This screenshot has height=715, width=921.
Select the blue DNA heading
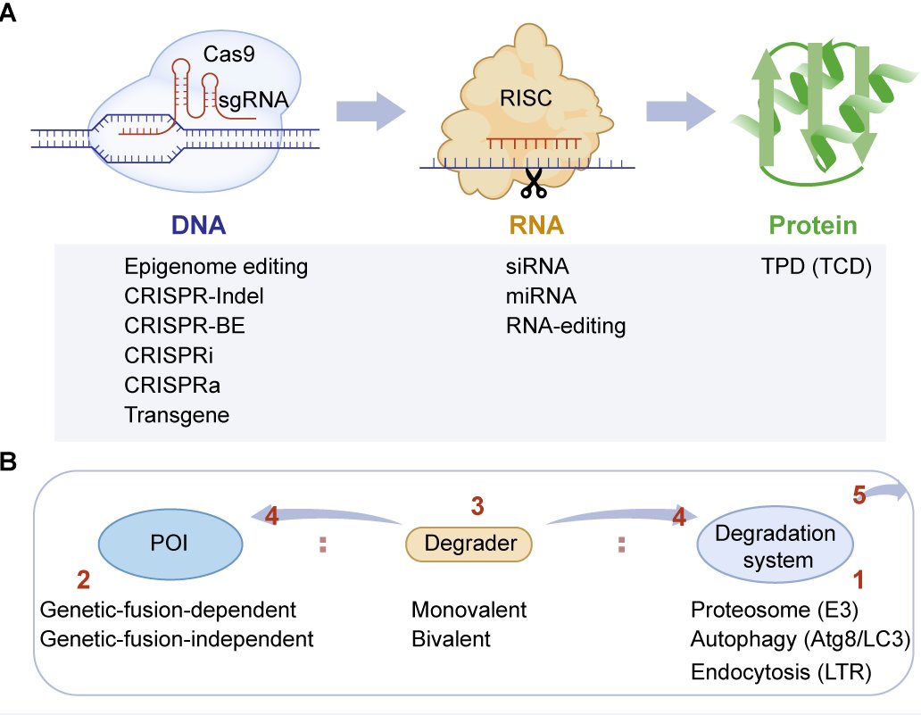click(x=199, y=226)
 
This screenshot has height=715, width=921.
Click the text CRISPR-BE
click(x=185, y=326)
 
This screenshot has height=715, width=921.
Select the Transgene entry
click(x=177, y=414)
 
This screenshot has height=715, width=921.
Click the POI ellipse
click(x=169, y=543)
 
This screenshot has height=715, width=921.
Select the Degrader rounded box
click(x=469, y=544)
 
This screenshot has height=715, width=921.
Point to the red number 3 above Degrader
click(x=477, y=505)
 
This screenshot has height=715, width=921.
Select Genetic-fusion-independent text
click(x=178, y=639)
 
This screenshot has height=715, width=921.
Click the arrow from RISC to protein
click(x=682, y=112)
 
